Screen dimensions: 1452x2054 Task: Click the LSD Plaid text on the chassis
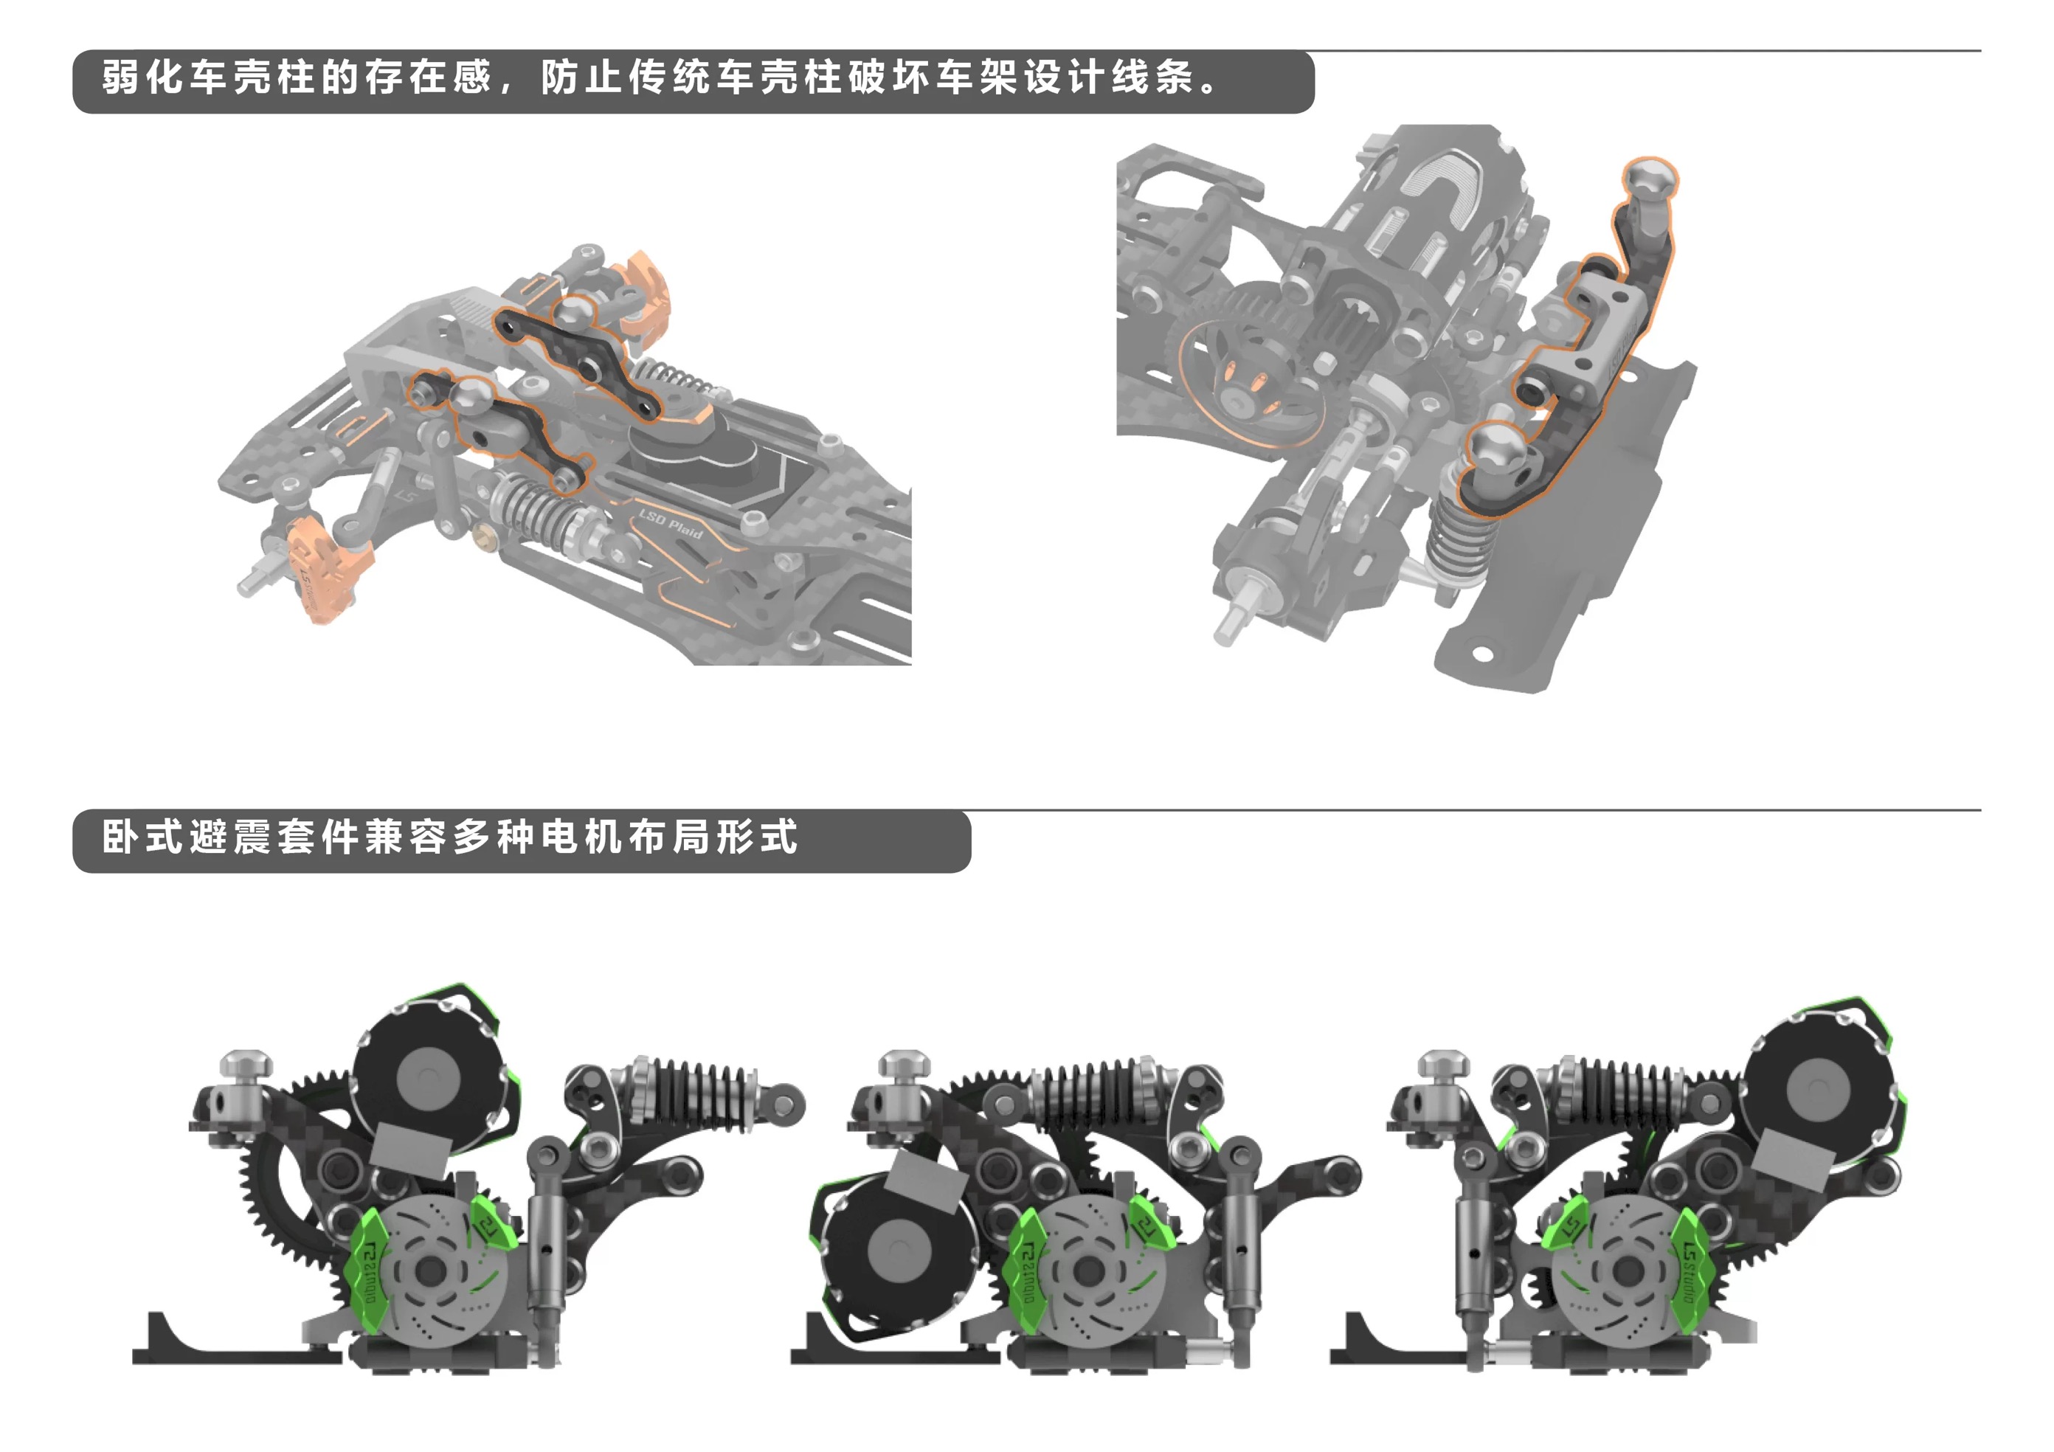click(670, 525)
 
